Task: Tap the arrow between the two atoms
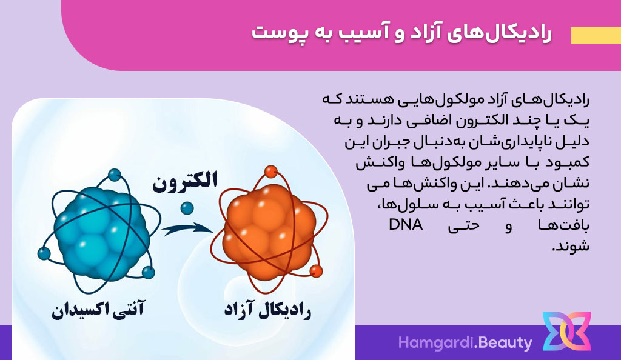click(x=187, y=228)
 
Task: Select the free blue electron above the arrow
click(x=187, y=208)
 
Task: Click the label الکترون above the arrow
click(x=185, y=182)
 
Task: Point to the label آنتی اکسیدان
click(x=98, y=309)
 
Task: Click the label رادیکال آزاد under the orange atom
click(x=267, y=310)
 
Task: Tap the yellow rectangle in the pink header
click(x=596, y=36)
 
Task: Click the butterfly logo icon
click(x=567, y=331)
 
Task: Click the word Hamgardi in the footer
click(x=435, y=343)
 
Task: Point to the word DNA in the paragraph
click(x=406, y=224)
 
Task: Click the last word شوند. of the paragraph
click(x=571, y=246)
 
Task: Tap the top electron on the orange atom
click(x=271, y=172)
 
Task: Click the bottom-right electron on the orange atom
click(x=316, y=272)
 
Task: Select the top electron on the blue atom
click(x=115, y=175)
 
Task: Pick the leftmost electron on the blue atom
click(x=44, y=253)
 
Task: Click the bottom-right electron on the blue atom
click(x=148, y=273)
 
